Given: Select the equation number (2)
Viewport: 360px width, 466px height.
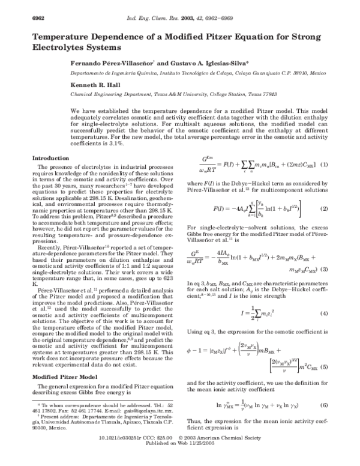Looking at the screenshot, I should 324,208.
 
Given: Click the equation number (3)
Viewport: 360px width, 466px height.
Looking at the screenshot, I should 324,270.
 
